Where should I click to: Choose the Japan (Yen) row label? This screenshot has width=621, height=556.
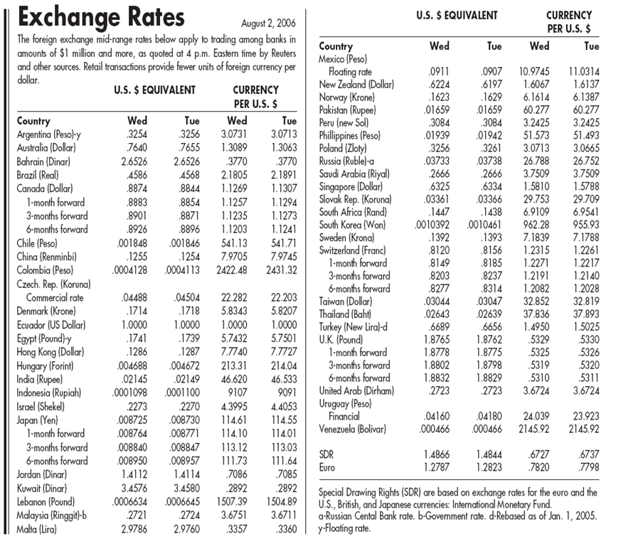point(43,419)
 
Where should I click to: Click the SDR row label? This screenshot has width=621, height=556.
point(327,453)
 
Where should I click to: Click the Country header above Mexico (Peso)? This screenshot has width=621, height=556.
point(336,46)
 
